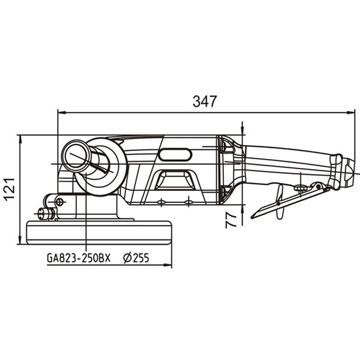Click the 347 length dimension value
pos(205,101)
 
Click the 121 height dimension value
pos(10,189)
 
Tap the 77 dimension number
pos(231,220)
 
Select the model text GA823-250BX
pos(79,257)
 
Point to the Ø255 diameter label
pos(136,257)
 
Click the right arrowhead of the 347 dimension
pos(350,113)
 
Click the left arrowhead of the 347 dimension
pos(62,113)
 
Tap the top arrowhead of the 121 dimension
pos(20,139)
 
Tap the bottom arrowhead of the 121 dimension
pos(20,240)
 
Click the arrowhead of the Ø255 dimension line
pos(167,265)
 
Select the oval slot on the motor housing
pos(175,155)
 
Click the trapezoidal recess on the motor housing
pos(175,179)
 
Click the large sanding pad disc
pos(99,232)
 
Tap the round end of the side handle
pos(76,155)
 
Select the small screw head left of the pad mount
pos(42,214)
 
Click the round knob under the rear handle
pos(301,188)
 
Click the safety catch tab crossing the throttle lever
pos(280,202)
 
